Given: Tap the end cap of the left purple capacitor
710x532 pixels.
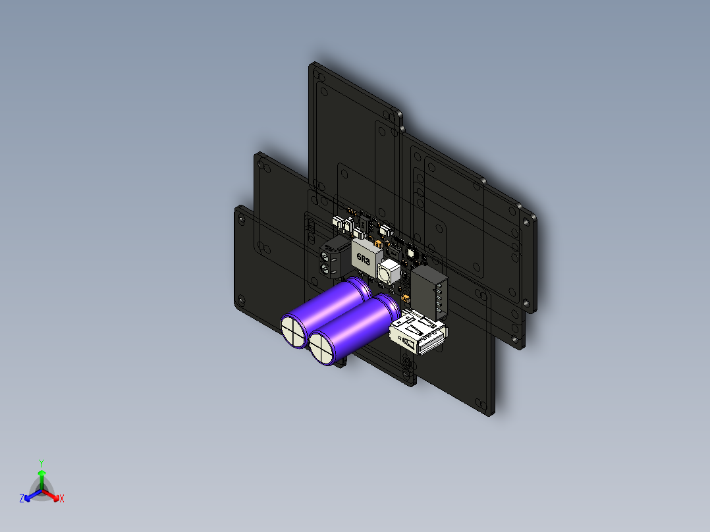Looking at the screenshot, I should click(x=293, y=330).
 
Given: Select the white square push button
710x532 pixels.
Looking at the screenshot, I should click(x=389, y=272).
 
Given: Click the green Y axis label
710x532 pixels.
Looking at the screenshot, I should click(x=41, y=462).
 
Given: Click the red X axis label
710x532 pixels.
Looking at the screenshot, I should click(x=62, y=499).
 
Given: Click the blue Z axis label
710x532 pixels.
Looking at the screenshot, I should click(x=21, y=499).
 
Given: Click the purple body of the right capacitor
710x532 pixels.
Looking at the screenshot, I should click(x=362, y=323).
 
